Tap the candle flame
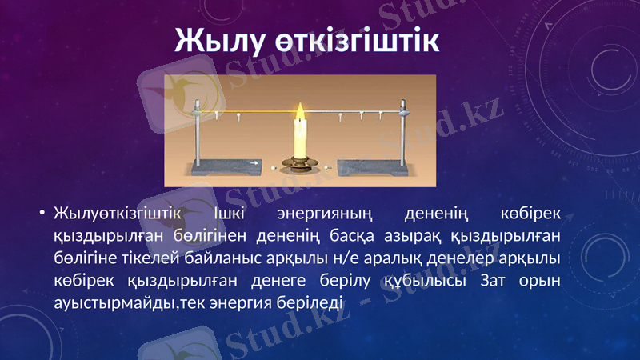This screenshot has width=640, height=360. pos(301,112)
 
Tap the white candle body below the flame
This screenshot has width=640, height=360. pos(301,140)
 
